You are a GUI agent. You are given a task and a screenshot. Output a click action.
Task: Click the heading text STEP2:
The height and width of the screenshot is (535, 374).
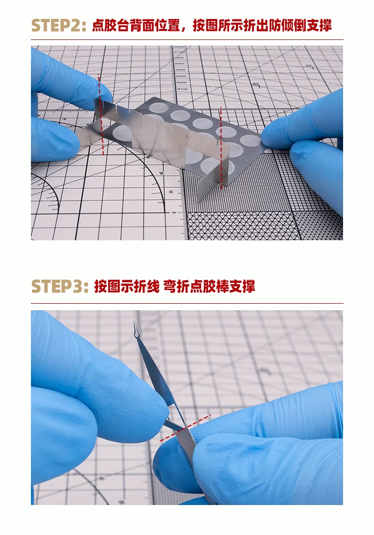[x=58, y=26]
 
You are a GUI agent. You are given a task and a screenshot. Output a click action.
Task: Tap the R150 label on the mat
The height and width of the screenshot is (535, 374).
[x=182, y=89]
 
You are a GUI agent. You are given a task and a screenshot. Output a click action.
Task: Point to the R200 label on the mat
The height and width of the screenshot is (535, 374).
[x=182, y=82]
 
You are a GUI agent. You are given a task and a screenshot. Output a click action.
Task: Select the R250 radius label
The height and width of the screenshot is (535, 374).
[x=182, y=76]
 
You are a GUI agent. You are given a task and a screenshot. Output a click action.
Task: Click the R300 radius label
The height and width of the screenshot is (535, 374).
[x=181, y=69]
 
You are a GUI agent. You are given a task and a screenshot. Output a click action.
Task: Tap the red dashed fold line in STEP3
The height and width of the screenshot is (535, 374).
[x=186, y=428]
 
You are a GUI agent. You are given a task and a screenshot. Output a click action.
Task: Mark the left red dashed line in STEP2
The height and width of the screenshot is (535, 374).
[x=101, y=114]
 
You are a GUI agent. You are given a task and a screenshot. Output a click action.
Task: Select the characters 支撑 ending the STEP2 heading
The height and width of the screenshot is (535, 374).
[x=319, y=26]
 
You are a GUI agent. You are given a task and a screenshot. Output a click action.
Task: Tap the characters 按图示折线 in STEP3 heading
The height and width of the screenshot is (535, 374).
[x=127, y=286]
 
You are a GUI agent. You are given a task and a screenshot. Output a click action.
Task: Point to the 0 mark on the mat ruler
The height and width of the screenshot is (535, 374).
[x=175, y=213]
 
